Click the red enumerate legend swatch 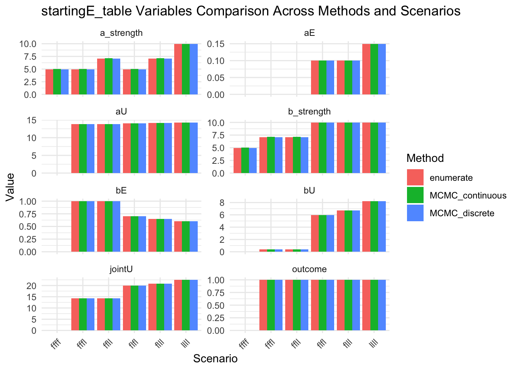pos(415,178)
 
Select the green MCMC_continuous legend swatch pos(415,195)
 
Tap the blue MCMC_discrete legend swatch pos(415,213)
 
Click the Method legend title pos(425,158)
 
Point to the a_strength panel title pos(121,33)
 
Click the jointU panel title pos(121,269)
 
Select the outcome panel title pos(309,269)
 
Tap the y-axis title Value pos(10,187)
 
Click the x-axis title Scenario pos(215,359)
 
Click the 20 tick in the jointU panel pos(32,286)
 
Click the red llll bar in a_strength pos(178,69)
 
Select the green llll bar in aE pos(374,69)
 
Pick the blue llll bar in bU pos(382,227)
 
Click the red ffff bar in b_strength pos(237,161)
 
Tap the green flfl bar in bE pos(135,234)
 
